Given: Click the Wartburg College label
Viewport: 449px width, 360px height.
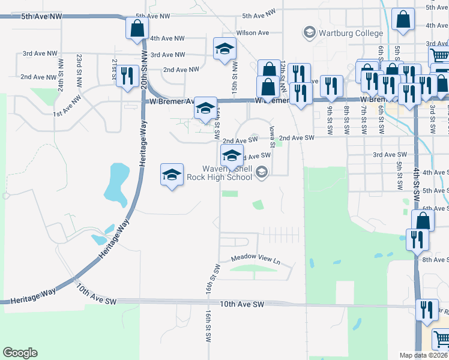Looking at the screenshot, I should pos(351,32).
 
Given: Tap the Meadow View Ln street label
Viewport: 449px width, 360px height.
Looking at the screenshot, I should pos(256,260).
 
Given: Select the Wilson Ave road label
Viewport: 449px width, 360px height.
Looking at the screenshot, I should pos(253,32).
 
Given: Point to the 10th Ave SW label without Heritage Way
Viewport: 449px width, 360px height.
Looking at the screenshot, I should pos(242,305).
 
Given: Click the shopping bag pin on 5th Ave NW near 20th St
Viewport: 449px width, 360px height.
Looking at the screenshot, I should pos(137,28).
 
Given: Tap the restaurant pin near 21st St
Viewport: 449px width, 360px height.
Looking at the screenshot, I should pos(126,76).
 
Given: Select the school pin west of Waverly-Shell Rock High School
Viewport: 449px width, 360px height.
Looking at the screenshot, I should pos(172,175).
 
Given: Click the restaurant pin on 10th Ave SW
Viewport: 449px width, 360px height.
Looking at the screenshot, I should pos(427,310).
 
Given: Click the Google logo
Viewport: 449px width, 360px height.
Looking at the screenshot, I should pos(20,353).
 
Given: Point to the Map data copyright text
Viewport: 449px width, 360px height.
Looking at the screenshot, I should pos(423,355).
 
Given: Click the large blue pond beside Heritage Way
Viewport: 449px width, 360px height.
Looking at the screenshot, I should pos(115,183).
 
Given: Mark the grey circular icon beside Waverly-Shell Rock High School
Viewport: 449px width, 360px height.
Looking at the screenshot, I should pos(261,173).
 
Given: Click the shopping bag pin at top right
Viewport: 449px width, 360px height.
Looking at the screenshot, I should pos(403,19).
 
